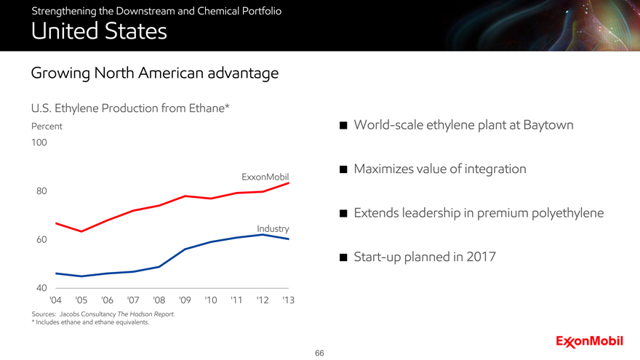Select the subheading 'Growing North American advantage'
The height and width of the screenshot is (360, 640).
coord(154,73)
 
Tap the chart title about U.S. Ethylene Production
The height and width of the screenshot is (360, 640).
coord(131,109)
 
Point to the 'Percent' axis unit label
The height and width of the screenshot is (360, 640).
coord(47,126)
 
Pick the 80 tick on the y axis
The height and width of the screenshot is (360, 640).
coord(39,191)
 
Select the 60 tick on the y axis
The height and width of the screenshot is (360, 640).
coord(39,240)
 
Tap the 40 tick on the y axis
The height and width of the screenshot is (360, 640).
coord(39,289)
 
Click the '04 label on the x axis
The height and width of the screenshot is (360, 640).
coord(55,300)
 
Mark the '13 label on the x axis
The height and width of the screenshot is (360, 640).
coord(288,300)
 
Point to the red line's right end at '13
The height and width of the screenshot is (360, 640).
coord(289,183)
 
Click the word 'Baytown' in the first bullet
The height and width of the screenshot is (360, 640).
coord(545,126)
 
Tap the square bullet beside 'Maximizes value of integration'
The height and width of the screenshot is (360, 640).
coord(343,170)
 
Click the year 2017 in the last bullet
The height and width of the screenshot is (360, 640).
coord(479,257)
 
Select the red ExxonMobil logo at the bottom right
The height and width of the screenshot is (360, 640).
coord(589,341)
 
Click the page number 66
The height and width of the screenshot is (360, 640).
coord(320,353)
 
